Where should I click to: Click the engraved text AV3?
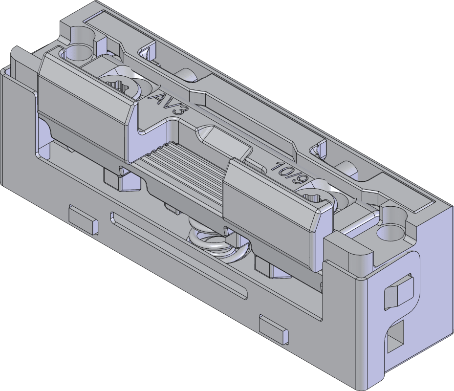[168, 103]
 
